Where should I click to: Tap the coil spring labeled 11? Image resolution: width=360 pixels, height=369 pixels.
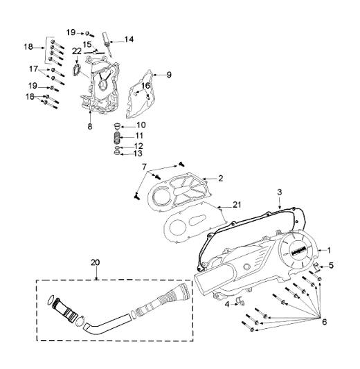click(x=118, y=136)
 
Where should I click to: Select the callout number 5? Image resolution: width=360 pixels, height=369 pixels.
click(x=331, y=265)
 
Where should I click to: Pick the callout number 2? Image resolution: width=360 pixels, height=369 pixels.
click(x=221, y=178)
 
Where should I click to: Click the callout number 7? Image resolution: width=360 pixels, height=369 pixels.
click(x=144, y=168)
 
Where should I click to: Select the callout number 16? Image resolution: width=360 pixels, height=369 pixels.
click(x=145, y=85)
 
